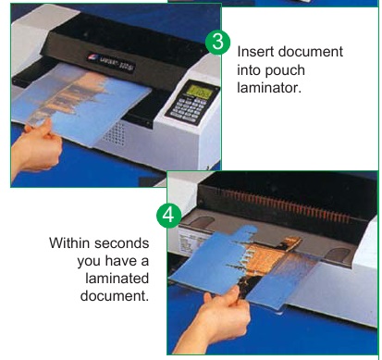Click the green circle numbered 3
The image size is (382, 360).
point(217,42)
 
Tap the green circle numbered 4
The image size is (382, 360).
point(168,216)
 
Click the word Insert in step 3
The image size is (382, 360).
point(254,52)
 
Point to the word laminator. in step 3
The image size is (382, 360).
point(268,88)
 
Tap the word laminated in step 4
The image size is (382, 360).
point(117,279)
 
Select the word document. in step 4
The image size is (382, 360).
point(115,296)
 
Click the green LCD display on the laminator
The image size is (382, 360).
point(200,92)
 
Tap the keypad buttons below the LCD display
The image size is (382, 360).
point(190,109)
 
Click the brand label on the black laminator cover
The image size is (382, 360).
point(111,62)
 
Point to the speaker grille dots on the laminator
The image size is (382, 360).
point(115,133)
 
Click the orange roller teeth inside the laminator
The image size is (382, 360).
point(285,205)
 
